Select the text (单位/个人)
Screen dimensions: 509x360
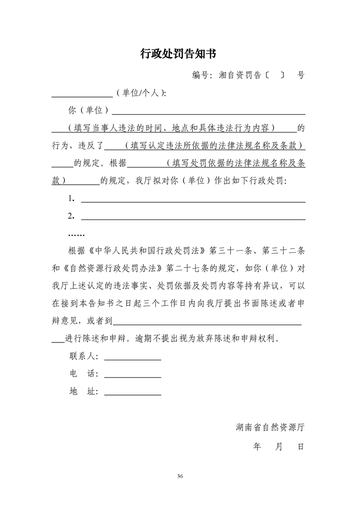(x=141, y=93)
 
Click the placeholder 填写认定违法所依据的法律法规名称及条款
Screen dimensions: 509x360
(x=215, y=146)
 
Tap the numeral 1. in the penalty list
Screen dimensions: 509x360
(x=71, y=198)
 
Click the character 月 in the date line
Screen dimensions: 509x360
(x=279, y=447)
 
